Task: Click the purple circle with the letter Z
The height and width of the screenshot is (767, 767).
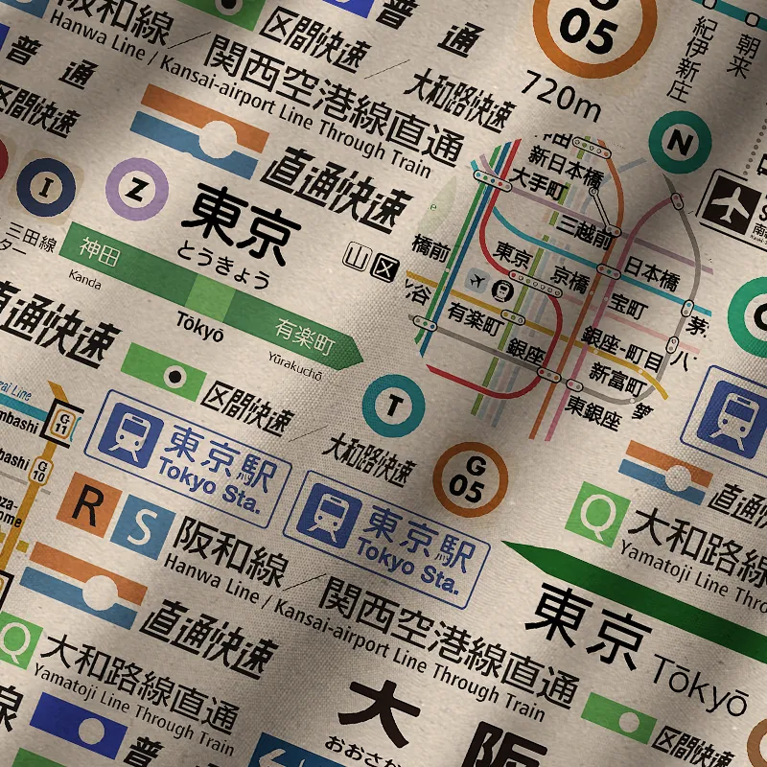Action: pos(137,189)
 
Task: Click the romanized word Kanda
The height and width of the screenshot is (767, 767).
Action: pos(85,278)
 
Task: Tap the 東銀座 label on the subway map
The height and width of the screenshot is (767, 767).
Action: pos(594,414)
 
